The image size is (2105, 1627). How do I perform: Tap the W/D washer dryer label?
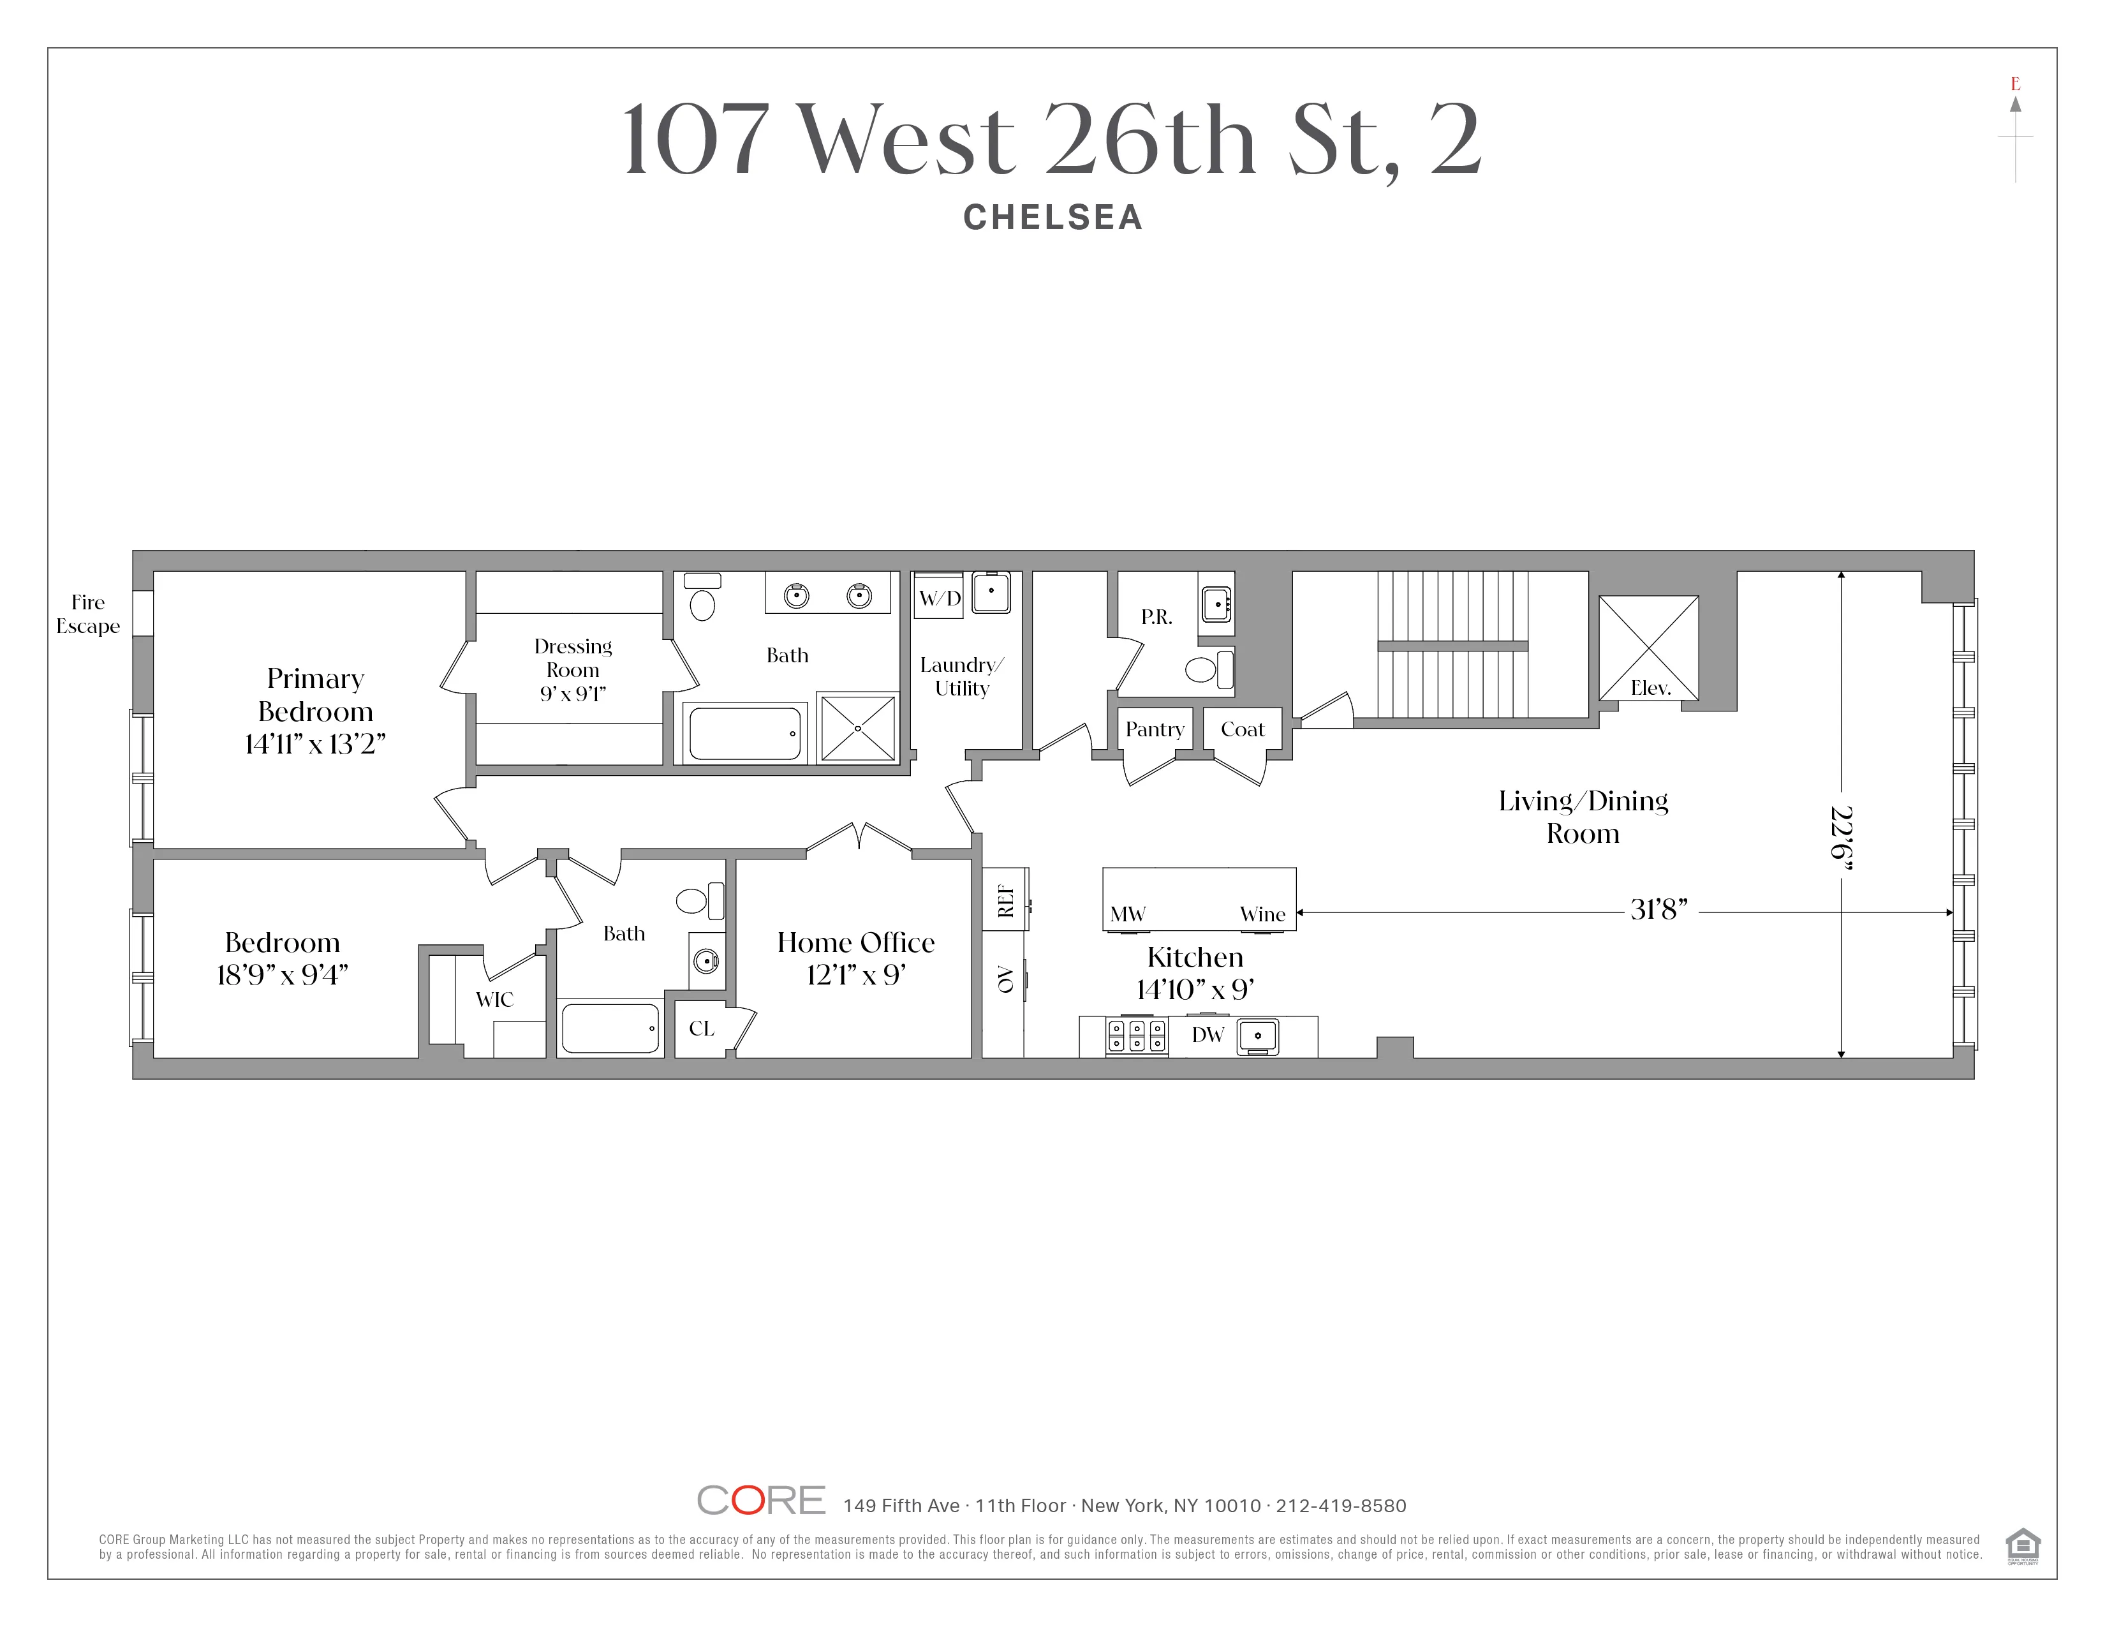[940, 598]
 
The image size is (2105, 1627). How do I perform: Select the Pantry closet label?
[1155, 730]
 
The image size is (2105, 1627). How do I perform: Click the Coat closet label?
[1243, 730]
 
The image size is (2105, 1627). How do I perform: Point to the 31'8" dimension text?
[1658, 910]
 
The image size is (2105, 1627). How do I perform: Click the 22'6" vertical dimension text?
[1842, 838]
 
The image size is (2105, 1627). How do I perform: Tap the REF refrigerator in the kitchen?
[1005, 900]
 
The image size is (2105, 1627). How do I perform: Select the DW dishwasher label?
[1208, 1035]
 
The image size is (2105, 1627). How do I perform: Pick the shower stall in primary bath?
[857, 729]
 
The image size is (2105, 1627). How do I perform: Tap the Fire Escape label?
[88, 614]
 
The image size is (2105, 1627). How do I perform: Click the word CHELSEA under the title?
[1052, 218]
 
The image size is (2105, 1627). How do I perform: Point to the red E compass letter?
[2014, 84]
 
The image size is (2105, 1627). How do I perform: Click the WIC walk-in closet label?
[494, 1000]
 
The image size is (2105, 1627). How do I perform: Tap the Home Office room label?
[856, 942]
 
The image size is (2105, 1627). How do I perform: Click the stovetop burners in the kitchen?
[1136, 1036]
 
